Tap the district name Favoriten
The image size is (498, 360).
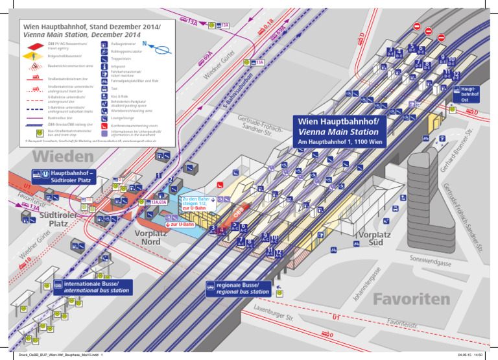coord(410,298)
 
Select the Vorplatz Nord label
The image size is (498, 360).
coord(151,237)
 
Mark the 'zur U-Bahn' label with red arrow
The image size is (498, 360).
coord(182,224)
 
